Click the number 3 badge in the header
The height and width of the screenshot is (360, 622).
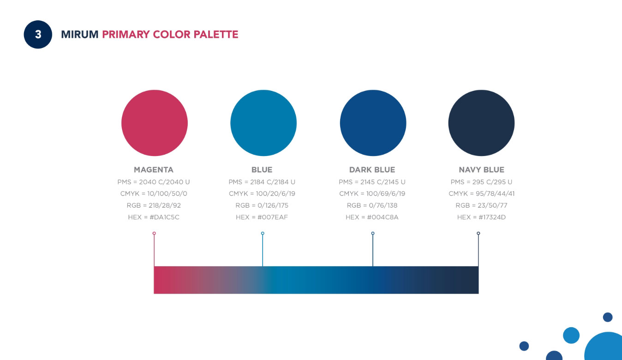tap(38, 35)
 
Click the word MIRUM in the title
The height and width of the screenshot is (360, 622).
tap(80, 35)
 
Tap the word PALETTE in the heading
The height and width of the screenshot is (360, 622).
tap(216, 35)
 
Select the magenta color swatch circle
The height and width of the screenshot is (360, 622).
tap(155, 123)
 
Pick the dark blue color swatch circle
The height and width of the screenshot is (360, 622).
tap(373, 123)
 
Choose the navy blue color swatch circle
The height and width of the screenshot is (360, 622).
tap(481, 123)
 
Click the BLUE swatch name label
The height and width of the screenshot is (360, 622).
tap(262, 169)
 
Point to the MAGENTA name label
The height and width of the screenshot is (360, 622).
tap(154, 169)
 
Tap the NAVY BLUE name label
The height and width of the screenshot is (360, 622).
tap(481, 169)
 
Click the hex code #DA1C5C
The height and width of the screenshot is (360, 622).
tap(164, 217)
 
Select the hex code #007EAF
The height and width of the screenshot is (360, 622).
tap(272, 217)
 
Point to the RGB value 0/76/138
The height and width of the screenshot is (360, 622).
tap(383, 205)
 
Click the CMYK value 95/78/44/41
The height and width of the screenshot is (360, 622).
tap(495, 193)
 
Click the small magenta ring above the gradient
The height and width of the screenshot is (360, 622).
tap(154, 234)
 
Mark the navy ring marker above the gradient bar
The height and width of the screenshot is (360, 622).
tap(478, 234)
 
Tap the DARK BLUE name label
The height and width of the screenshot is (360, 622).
tap(372, 169)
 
